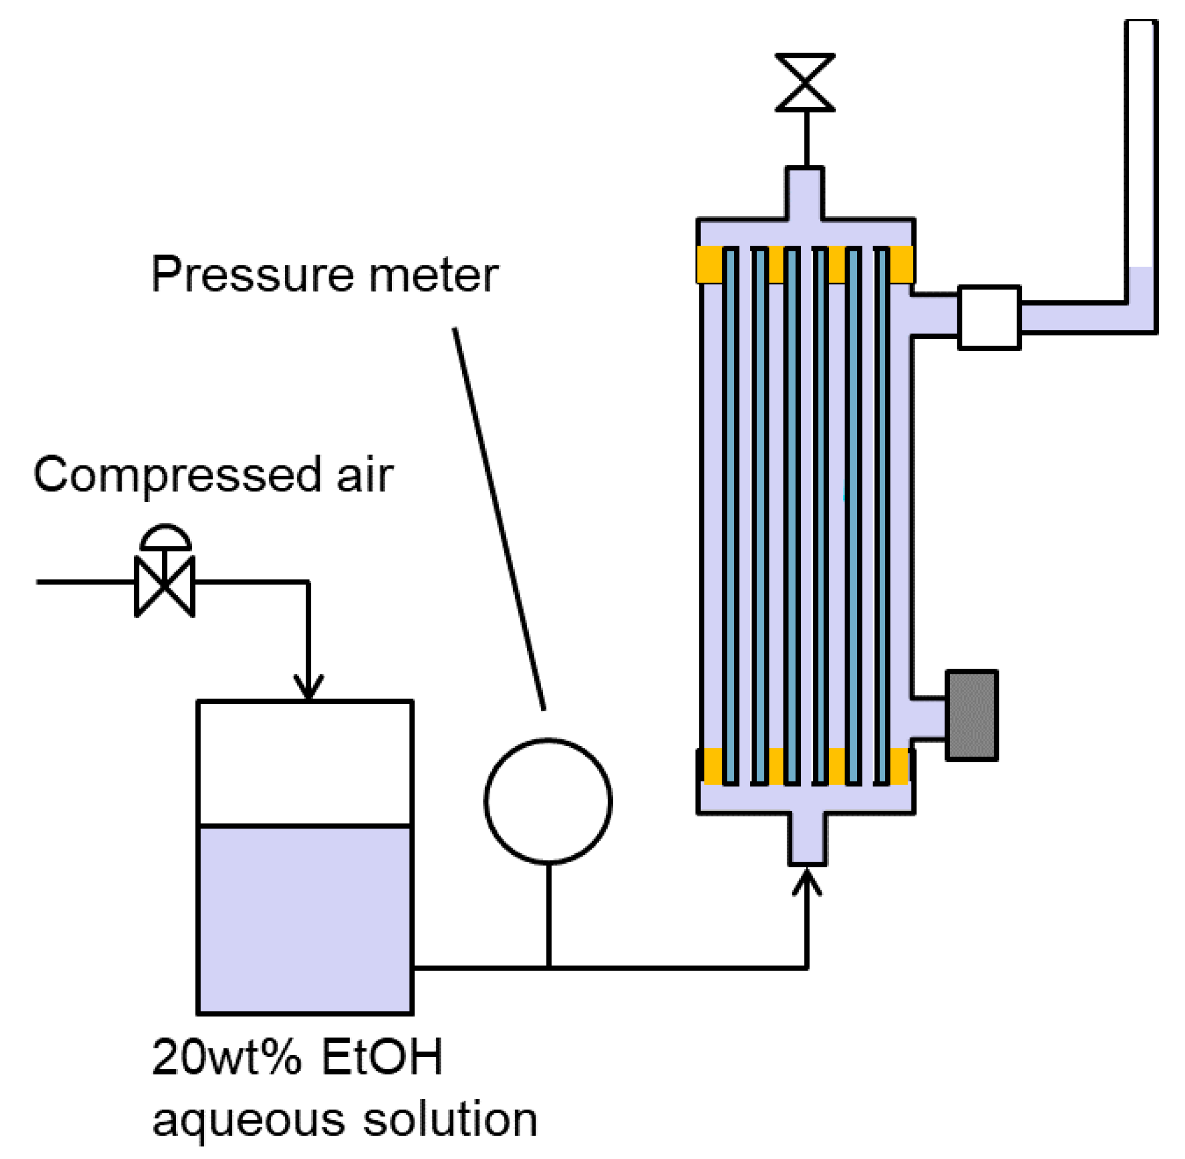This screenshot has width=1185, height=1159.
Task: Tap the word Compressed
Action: pos(177,475)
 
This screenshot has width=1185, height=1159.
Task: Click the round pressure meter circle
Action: pos(548,801)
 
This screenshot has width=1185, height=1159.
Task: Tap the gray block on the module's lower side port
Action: pos(971,715)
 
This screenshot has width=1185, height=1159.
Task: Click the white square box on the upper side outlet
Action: pos(989,317)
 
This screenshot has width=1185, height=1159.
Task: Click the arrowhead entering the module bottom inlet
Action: pos(806,882)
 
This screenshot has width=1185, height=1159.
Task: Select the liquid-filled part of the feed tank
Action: pos(305,919)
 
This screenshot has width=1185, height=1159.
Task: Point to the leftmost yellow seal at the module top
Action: pos(709,264)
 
